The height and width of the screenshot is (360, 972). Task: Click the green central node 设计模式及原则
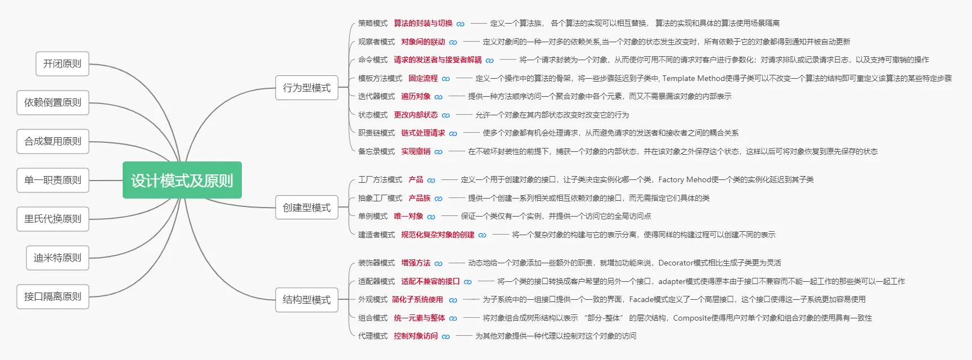tap(182, 180)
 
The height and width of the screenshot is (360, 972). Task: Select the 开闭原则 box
tap(62, 64)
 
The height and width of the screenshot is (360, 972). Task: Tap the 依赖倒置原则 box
tap(53, 102)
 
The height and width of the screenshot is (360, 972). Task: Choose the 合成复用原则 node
tap(53, 141)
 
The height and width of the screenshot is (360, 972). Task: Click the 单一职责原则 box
tap(53, 180)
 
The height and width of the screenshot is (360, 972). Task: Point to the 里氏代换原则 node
tap(53, 219)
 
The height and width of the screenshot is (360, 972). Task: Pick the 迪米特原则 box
tap(57, 258)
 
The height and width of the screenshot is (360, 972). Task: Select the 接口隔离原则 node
tap(53, 296)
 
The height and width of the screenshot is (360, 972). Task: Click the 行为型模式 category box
tap(307, 88)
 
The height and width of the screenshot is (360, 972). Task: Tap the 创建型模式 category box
tap(307, 208)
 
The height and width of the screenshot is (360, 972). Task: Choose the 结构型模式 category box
tap(307, 300)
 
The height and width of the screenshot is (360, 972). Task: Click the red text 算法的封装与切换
tap(423, 23)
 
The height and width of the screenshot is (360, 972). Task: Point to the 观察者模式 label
tap(376, 42)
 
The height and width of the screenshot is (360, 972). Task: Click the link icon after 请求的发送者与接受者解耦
tap(490, 60)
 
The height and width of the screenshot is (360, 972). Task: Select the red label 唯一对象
tap(408, 216)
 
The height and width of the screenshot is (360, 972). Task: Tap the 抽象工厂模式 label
tap(380, 198)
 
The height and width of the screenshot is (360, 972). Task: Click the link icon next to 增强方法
tap(439, 263)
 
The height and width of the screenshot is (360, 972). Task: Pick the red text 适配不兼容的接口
tap(430, 281)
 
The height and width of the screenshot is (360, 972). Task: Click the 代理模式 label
tap(373, 336)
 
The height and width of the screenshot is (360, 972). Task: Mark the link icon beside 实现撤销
tap(439, 152)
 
